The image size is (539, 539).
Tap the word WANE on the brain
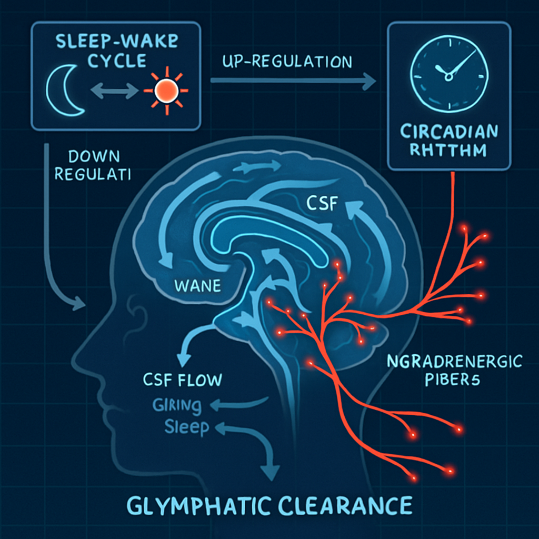[198, 287]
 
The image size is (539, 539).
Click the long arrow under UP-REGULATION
[293, 81]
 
